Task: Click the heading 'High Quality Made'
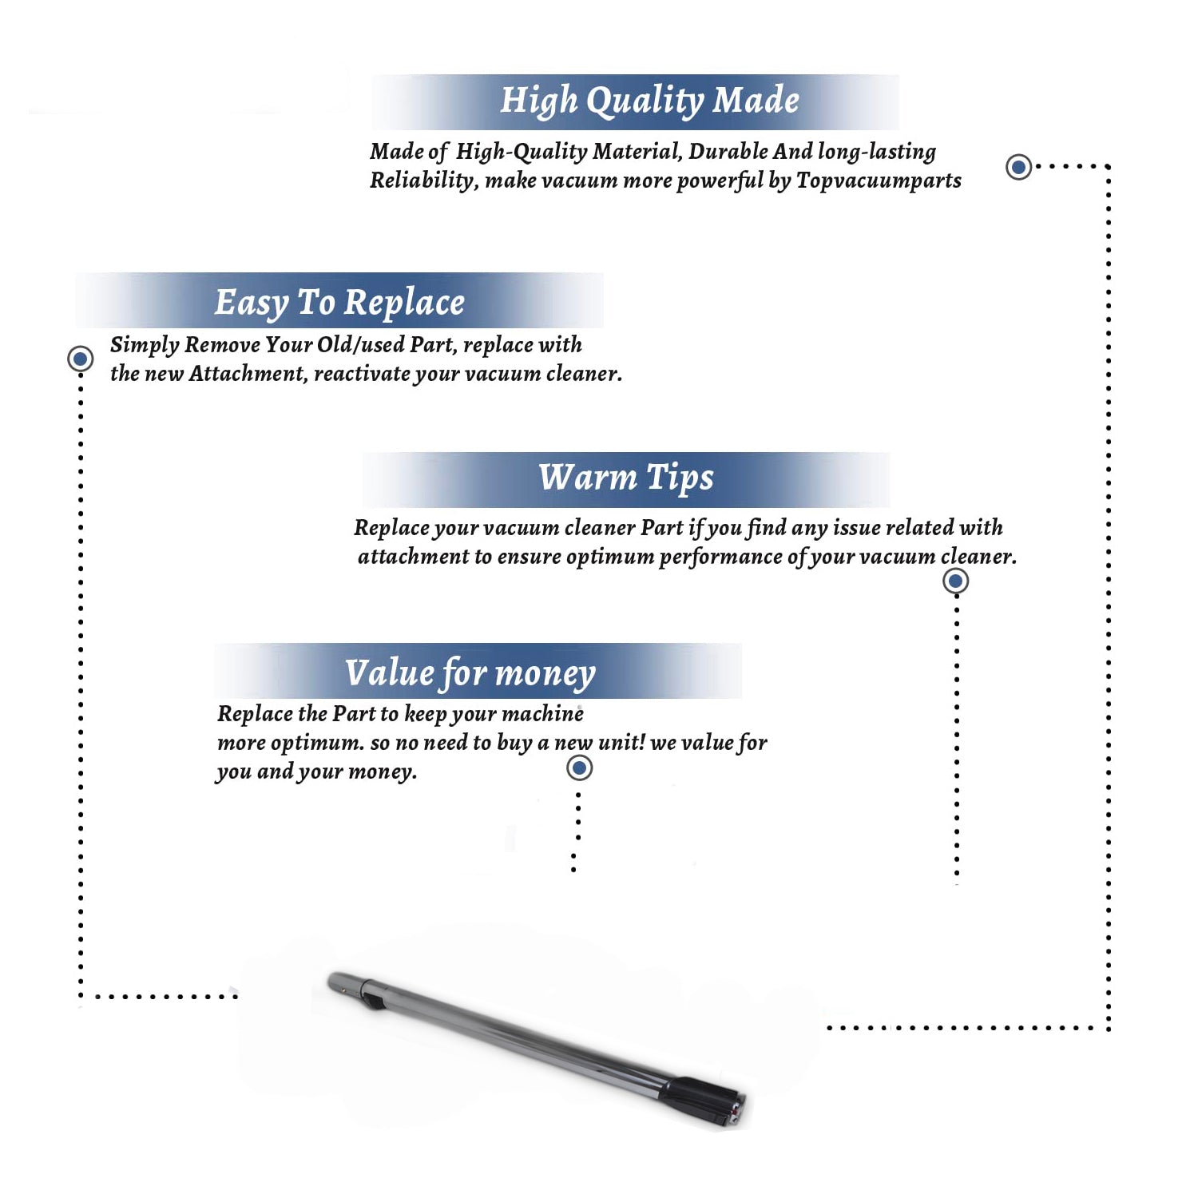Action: point(649,101)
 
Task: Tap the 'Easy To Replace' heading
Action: point(339,303)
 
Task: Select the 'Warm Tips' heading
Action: point(626,478)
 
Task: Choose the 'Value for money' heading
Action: point(470,673)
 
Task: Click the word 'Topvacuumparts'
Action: point(879,181)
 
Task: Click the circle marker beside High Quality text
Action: point(1018,167)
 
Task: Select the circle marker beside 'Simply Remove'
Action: point(80,359)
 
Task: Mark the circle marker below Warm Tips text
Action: point(955,581)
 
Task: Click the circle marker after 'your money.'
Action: point(579,768)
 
